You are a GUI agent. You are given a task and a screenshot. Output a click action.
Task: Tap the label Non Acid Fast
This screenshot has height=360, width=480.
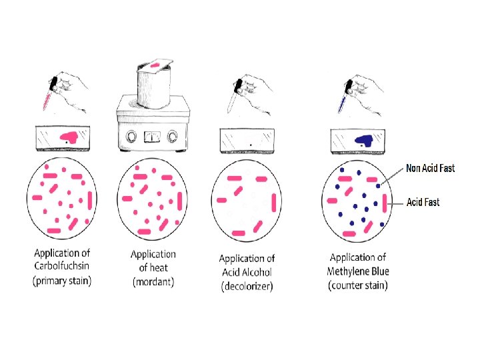pos(431,169)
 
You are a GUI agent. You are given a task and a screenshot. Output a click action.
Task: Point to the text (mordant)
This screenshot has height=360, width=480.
pos(153,281)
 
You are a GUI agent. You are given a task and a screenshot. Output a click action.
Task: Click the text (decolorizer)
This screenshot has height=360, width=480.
pos(247,287)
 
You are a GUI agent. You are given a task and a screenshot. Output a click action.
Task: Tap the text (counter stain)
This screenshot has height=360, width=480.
pos(358,285)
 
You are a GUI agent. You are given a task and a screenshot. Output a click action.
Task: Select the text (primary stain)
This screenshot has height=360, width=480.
pos(62,281)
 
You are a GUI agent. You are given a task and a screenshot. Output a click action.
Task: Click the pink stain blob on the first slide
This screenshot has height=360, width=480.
pos(69,137)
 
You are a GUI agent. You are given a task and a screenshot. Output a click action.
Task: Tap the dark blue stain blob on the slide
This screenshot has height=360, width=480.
pos(363,139)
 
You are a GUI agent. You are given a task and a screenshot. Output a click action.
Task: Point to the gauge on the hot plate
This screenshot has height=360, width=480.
pos(154,136)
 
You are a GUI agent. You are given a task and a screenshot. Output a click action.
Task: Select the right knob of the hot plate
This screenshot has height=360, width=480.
pos(175,137)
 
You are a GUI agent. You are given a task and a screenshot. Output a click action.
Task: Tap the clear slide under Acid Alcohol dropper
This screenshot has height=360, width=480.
pos(247,141)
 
